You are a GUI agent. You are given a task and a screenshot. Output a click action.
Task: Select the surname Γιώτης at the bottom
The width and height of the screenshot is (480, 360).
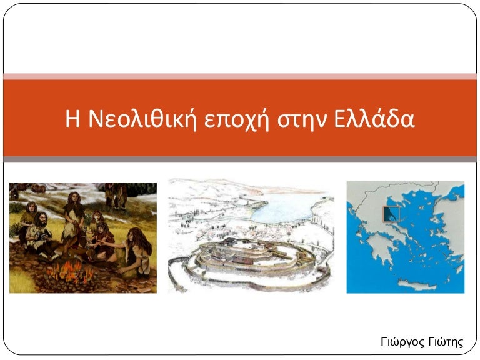pos(445,342)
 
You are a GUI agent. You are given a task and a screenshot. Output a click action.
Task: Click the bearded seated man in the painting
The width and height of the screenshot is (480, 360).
pos(39,230)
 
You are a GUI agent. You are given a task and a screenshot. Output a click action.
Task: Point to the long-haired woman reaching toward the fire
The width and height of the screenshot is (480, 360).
pos(134,250)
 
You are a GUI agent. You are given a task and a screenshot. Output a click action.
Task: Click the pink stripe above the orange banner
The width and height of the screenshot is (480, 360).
pos(240,76)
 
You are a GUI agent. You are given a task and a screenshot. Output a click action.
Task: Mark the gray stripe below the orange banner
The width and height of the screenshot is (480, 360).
pos(240,159)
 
